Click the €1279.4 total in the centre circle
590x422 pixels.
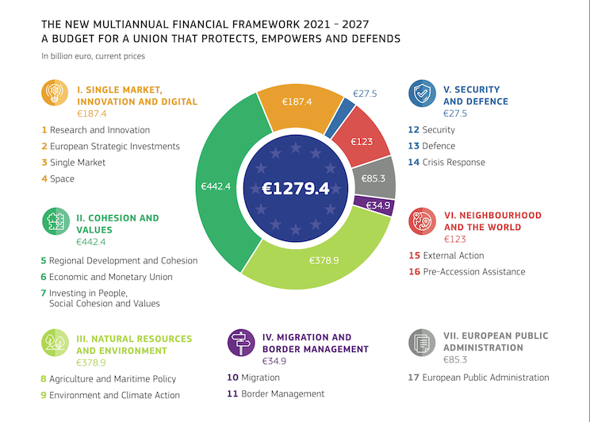click(295, 189)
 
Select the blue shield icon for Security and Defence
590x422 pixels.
click(422, 94)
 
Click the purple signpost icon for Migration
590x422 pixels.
click(241, 343)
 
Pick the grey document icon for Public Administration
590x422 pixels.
click(422, 343)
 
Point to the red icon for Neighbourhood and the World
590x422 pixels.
click(422, 221)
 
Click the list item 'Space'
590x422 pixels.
click(62, 178)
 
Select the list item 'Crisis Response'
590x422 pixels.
click(453, 162)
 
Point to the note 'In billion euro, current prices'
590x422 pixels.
click(94, 56)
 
